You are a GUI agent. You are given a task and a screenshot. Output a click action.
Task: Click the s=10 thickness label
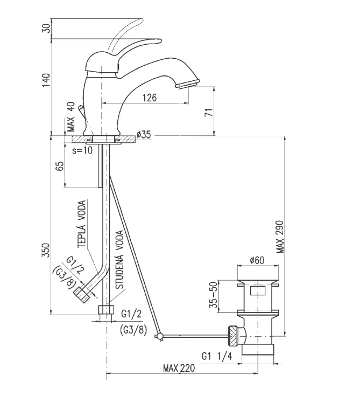coord(81,150)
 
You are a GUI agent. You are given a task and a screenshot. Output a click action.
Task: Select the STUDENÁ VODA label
coord(119,260)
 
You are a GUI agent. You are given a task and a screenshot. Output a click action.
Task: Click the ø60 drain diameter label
coord(257,261)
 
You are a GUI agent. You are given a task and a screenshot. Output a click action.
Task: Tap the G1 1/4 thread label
coord(217,356)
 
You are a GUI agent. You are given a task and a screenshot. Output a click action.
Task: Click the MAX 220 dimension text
coord(179,369)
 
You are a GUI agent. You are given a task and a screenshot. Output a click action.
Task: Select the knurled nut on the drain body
coord(234,335)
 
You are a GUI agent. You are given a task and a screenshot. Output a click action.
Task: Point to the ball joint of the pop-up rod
coord(159,337)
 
